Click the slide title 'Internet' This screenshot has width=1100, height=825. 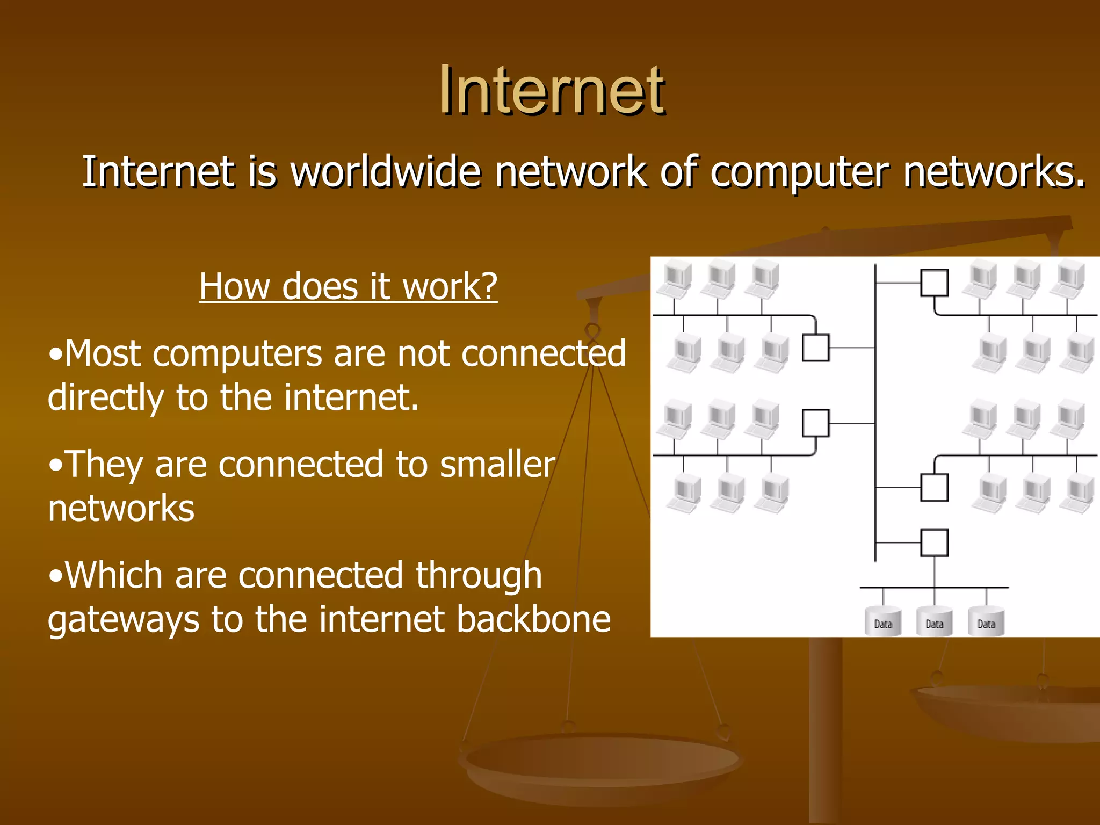point(552,90)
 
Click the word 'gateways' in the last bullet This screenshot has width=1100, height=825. point(123,620)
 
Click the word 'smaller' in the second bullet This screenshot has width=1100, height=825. point(497,465)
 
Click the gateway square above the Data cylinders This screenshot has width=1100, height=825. point(935,542)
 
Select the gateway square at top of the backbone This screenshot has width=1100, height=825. point(935,283)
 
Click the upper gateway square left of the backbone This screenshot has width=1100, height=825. point(815,348)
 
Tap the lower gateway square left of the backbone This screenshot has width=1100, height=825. point(815,423)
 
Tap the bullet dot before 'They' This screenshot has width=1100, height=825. point(55,466)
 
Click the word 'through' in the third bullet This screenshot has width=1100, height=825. point(479,575)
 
